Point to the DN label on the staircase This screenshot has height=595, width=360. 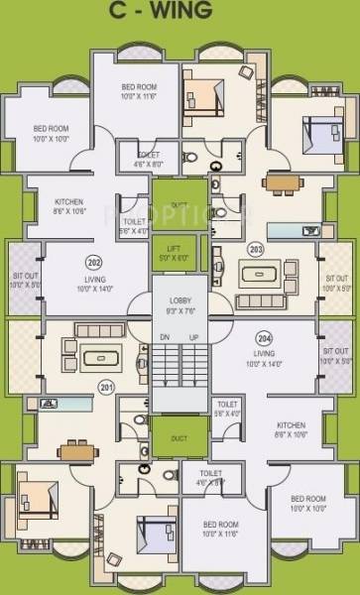(165, 339)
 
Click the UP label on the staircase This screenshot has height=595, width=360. (194, 339)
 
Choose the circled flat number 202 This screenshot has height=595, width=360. (94, 263)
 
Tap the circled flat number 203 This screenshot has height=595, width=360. (256, 249)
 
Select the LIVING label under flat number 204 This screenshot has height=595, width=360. (264, 352)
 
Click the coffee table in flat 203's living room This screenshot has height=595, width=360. (261, 273)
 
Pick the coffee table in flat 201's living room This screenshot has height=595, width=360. (99, 356)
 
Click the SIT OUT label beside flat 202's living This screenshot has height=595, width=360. (24, 280)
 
